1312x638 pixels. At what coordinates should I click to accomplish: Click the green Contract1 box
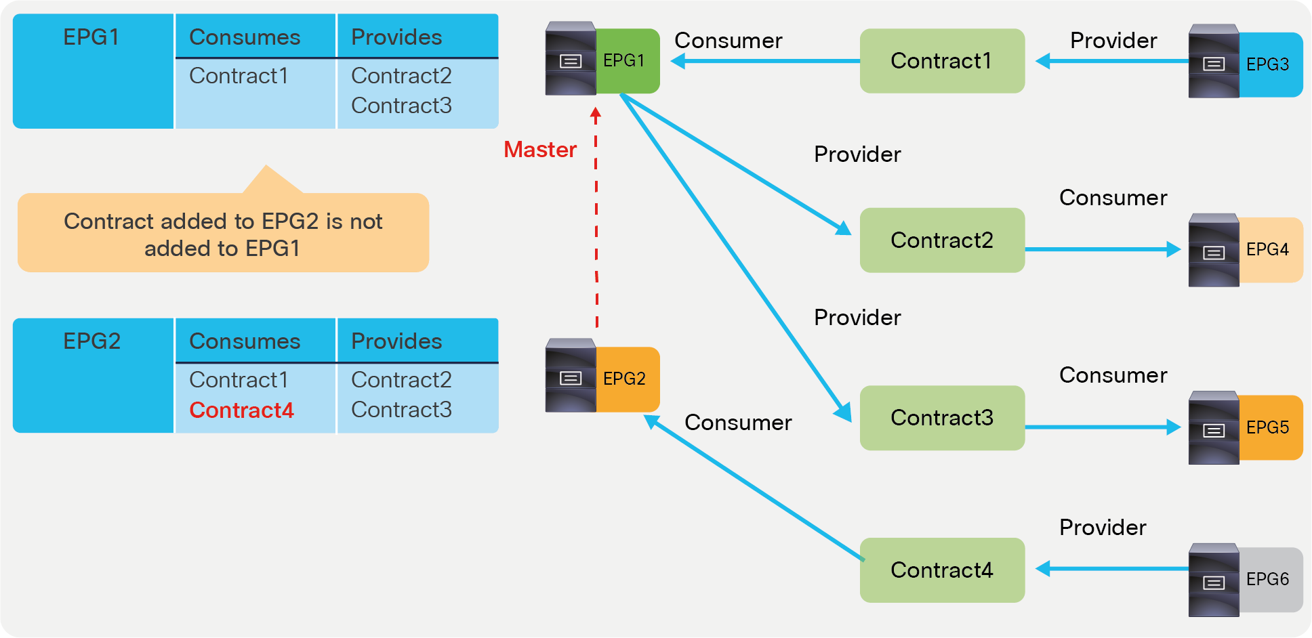pos(941,61)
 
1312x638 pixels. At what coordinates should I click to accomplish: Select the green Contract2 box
pos(941,240)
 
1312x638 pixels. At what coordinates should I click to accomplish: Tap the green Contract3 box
pos(941,418)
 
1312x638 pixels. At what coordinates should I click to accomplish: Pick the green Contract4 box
pos(941,570)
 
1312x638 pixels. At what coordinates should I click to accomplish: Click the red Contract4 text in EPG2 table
pos(241,410)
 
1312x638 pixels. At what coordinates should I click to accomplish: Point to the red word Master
pos(540,150)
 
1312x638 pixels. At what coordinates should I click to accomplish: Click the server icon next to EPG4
pos(1213,251)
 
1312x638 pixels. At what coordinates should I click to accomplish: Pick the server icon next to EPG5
pos(1213,428)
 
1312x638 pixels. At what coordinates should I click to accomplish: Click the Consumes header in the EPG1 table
pos(245,37)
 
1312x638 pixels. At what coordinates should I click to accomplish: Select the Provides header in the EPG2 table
pos(396,341)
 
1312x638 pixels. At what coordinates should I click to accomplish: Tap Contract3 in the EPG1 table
pos(401,106)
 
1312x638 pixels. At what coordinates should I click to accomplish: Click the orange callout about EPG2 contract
pos(223,234)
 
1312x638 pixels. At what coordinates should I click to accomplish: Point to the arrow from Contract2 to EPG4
pos(1101,249)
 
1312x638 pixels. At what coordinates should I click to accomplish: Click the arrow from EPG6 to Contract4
pos(1111,569)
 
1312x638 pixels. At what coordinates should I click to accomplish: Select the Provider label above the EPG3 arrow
pos(1113,41)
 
